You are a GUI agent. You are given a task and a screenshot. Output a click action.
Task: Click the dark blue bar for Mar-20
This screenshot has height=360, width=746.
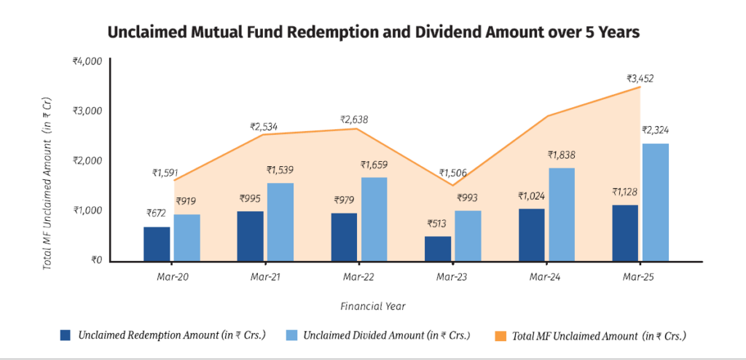157,244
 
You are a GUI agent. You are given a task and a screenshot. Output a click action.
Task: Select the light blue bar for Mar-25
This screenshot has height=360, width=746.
655,203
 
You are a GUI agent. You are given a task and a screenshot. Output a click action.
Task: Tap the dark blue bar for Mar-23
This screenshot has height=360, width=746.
438,249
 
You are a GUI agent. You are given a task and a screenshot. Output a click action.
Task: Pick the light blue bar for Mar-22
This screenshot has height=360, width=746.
374,219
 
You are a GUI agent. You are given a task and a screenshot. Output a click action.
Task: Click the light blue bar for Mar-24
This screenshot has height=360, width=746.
561,214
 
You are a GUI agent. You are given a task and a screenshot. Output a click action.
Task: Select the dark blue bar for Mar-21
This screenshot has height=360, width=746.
251,236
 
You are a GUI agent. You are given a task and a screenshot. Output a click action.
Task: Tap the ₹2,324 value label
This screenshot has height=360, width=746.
655,130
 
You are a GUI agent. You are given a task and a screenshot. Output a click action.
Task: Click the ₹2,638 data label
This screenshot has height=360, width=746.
358,119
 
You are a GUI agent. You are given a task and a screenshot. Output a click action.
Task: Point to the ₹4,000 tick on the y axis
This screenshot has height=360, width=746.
87,62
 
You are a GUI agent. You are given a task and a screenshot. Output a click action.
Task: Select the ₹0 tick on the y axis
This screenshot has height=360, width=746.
95,260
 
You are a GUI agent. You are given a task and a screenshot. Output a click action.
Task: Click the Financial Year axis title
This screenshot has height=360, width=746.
372,306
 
